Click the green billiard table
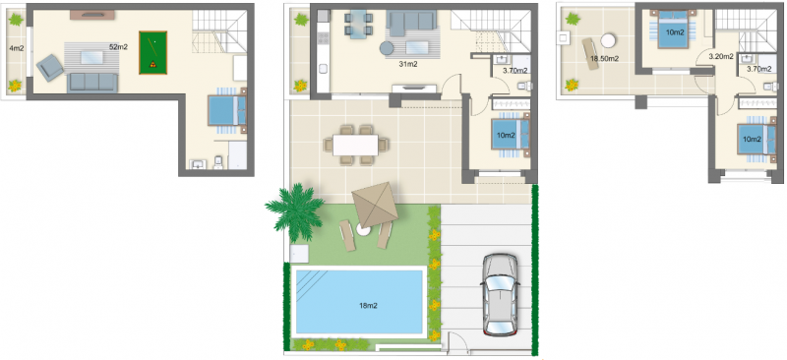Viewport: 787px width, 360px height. (x=152, y=53)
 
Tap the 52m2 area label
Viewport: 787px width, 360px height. (x=117, y=46)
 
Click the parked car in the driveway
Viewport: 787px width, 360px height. (x=500, y=295)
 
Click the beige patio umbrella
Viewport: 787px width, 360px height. (x=375, y=204)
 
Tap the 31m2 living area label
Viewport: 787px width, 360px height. (x=409, y=64)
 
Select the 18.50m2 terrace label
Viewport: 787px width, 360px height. (x=604, y=58)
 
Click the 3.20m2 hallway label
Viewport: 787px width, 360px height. (x=721, y=57)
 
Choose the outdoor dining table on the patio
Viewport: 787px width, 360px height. (x=356, y=146)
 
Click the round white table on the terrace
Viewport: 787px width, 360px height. (x=609, y=39)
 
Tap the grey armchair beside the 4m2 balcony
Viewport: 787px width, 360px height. (x=50, y=68)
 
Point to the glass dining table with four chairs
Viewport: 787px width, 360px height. (x=358, y=26)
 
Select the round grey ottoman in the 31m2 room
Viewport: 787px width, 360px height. (x=387, y=48)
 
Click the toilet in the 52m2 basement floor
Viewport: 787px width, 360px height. (x=218, y=162)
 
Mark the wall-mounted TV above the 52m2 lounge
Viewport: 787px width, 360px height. (x=91, y=15)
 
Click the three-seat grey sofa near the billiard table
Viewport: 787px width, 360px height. (x=92, y=83)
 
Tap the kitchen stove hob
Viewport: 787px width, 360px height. (x=324, y=38)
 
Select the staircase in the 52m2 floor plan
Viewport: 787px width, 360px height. (x=220, y=31)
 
